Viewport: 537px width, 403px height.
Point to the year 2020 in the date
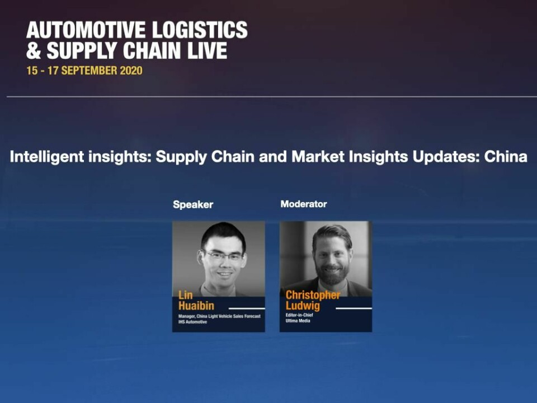(130, 71)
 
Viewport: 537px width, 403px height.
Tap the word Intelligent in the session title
(47, 157)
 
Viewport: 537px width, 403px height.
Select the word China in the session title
(506, 157)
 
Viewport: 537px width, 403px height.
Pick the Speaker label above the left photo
(193, 205)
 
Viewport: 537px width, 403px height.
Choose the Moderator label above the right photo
(304, 204)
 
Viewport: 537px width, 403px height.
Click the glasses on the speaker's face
(223, 255)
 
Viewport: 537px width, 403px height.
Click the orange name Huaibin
(196, 306)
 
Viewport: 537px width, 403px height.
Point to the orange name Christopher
(313, 295)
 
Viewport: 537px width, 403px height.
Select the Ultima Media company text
(298, 321)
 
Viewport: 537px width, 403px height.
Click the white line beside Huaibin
(247, 308)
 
